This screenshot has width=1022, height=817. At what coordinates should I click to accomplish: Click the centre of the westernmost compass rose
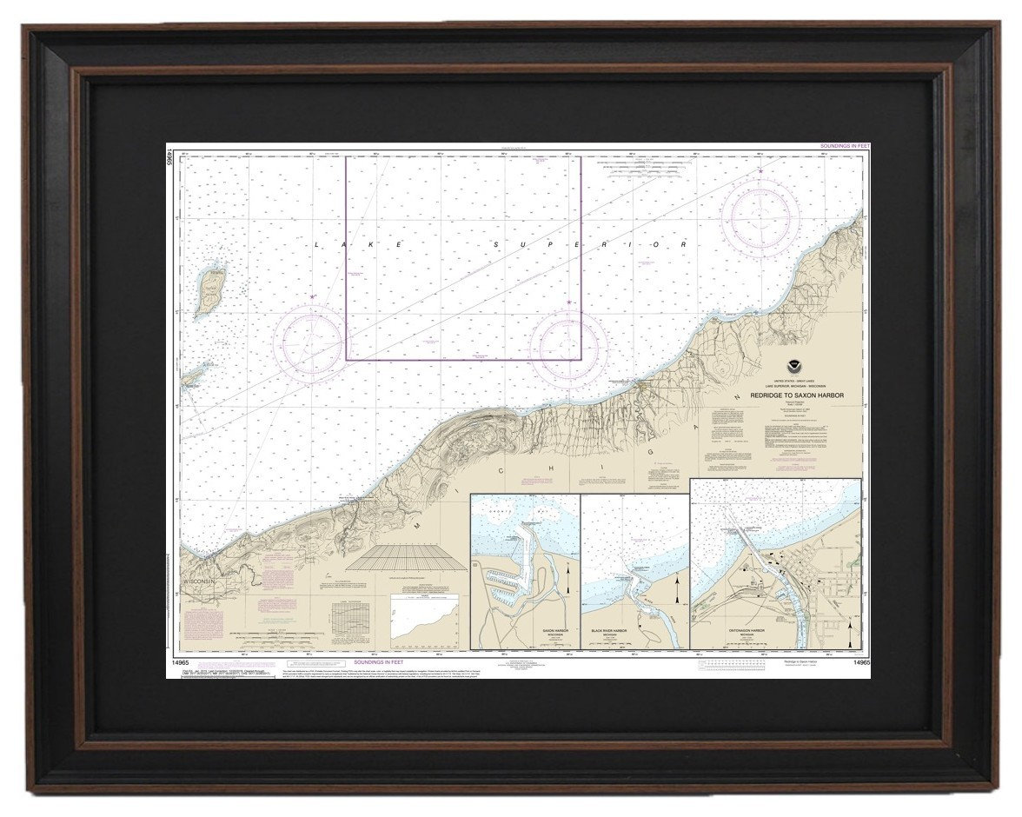[x=311, y=341]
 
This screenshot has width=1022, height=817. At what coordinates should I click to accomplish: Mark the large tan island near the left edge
[x=209, y=291]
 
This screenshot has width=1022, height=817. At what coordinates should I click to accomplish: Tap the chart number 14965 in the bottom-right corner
[x=861, y=664]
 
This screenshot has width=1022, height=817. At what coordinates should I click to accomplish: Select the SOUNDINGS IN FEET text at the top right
[x=845, y=147]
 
